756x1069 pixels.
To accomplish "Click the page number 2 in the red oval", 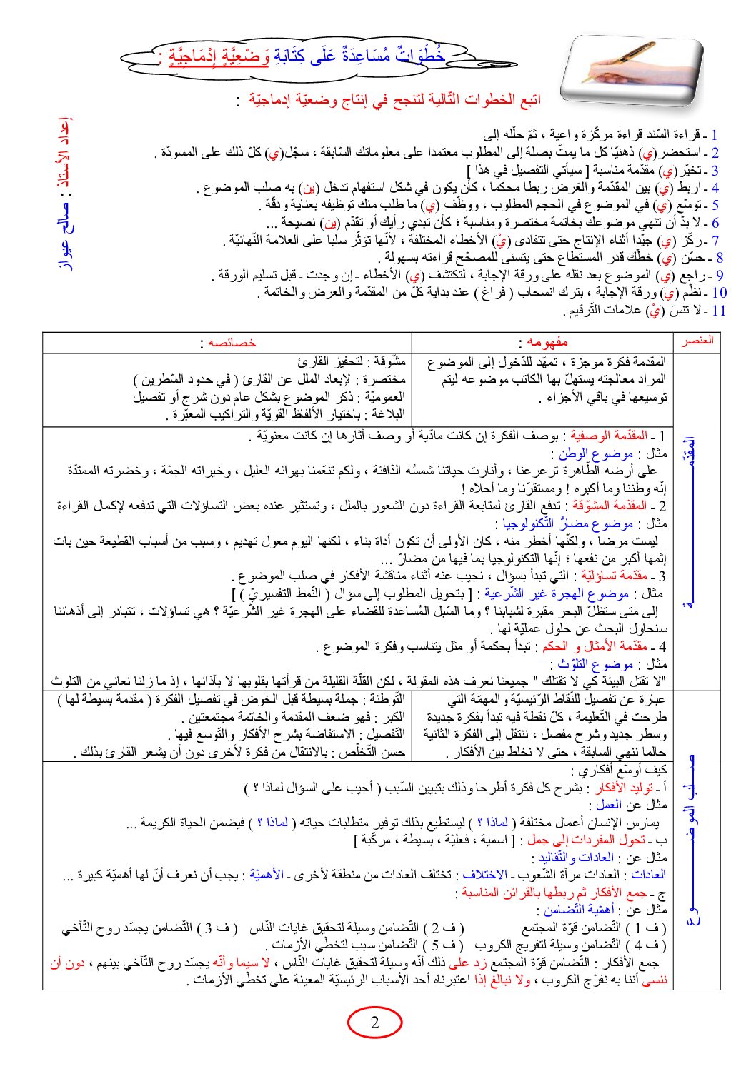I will pyautogui.click(x=374, y=1023).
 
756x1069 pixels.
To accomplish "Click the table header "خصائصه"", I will pyautogui.click(x=227, y=342).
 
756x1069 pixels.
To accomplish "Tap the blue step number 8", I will pyautogui.click(x=720, y=258).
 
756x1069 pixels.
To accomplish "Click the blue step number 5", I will pyautogui.click(x=715, y=206).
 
